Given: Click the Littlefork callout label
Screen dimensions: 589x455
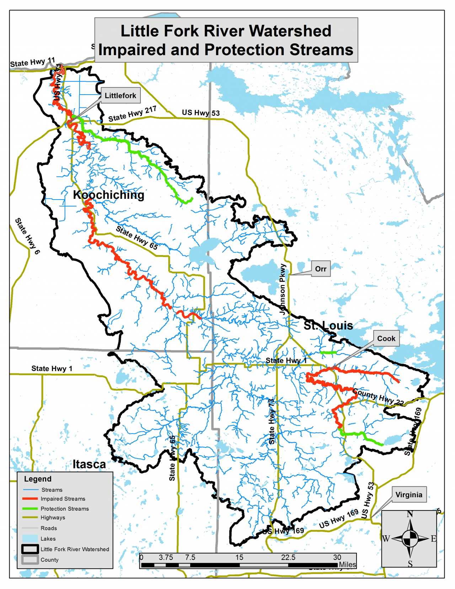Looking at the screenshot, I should (x=120, y=96).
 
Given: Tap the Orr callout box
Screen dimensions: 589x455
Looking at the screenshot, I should (x=321, y=269).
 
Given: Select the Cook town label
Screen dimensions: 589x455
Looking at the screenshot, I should (x=386, y=338).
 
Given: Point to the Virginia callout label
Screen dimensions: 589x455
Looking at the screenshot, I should (x=409, y=495).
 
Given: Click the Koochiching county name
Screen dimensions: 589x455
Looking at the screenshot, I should (x=108, y=195).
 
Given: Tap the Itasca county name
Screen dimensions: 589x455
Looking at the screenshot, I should (x=89, y=465).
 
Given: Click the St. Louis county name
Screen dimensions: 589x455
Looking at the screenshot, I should (x=328, y=325).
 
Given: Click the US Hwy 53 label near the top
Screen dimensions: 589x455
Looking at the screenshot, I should (x=201, y=113).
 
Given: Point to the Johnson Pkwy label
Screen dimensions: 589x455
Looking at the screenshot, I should (x=283, y=289).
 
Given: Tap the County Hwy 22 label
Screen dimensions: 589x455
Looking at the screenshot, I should (x=378, y=397).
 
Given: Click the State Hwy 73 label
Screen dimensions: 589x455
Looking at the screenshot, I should (x=272, y=421).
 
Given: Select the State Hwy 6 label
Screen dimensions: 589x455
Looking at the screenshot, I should (x=27, y=236).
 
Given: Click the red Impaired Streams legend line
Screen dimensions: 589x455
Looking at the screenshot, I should (x=30, y=499).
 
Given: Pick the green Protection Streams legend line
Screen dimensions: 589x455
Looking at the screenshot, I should (x=30, y=509).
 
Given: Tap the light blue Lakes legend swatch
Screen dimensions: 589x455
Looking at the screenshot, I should (x=30, y=538).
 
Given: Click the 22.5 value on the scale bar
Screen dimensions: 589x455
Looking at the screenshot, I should (x=288, y=557).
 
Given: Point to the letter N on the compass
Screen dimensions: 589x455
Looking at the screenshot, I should (x=410, y=514).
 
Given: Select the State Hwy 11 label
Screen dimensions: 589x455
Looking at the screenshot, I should (x=32, y=63).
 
